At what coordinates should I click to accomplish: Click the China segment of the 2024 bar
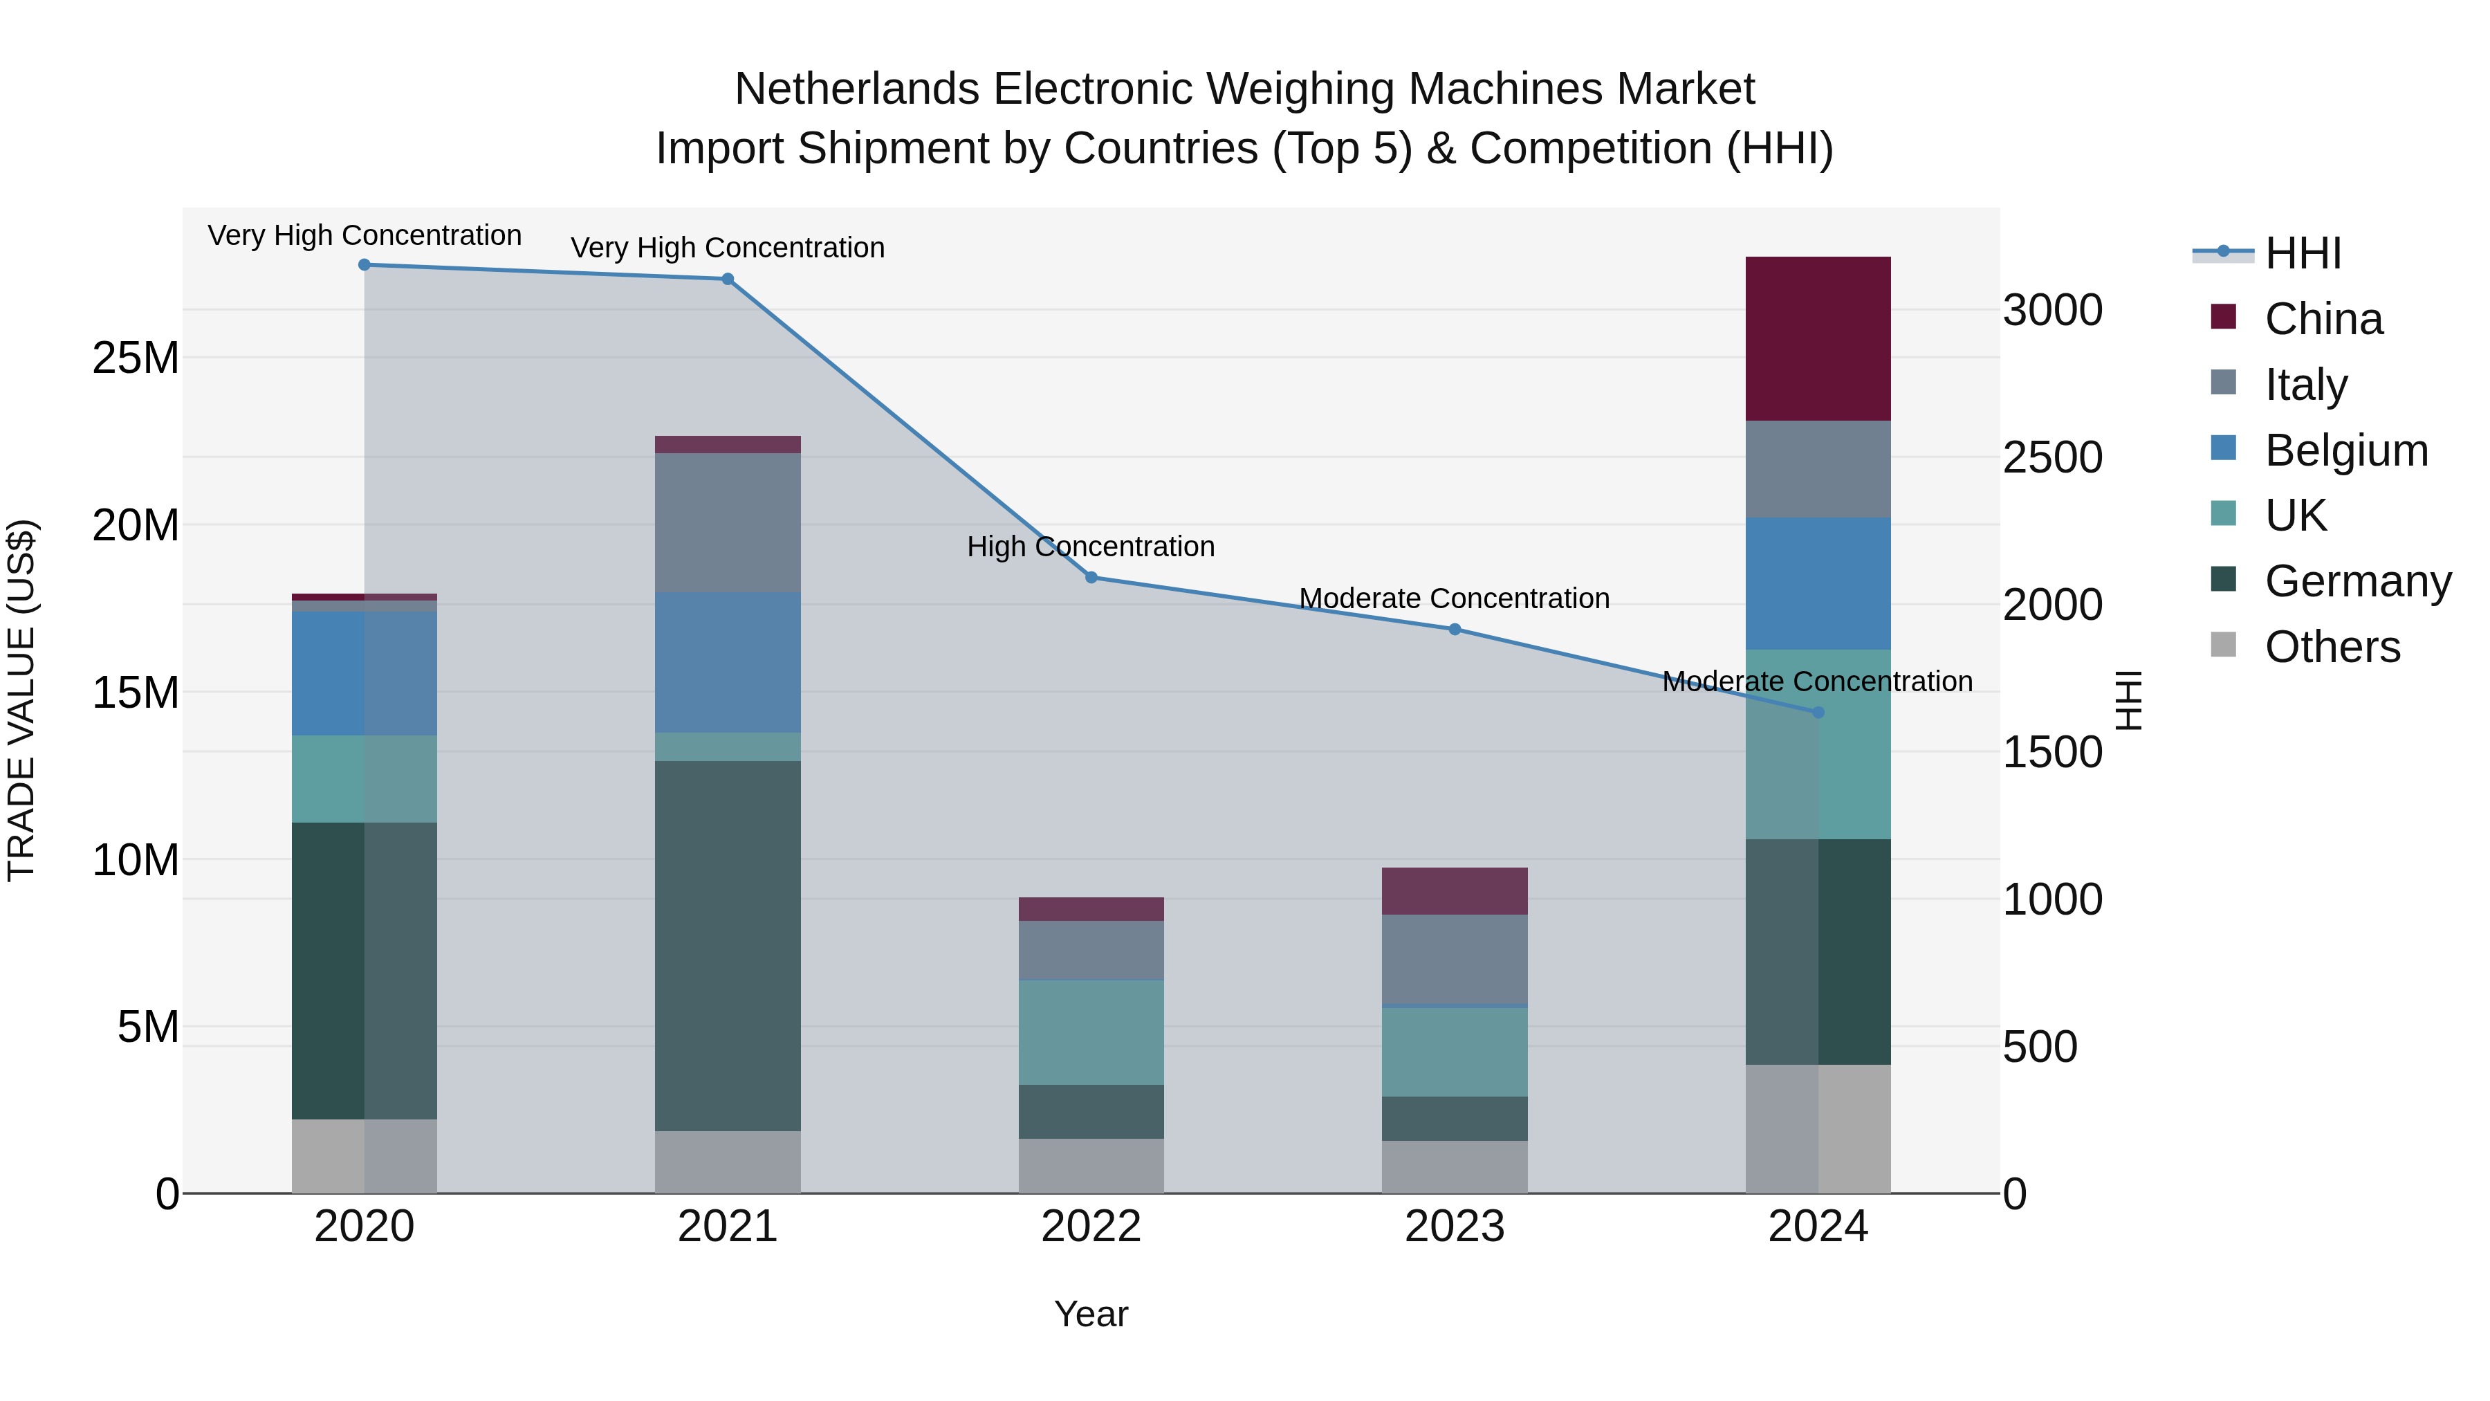(1817, 338)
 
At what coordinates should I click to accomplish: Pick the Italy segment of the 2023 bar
(1454, 958)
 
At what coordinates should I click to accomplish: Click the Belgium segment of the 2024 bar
(1817, 583)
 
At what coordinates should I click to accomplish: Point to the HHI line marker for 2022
(1091, 577)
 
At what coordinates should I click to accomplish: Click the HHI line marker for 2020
(365, 265)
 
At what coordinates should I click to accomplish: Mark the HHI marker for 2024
(1817, 713)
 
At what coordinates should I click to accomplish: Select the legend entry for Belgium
(2346, 450)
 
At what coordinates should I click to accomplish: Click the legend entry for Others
(2332, 647)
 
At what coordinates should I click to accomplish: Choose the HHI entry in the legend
(2303, 253)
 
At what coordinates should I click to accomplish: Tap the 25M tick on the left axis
(136, 358)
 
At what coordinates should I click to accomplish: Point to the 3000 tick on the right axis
(2052, 311)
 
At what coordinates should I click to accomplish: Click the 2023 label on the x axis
(1454, 1227)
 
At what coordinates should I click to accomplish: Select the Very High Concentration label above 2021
(728, 248)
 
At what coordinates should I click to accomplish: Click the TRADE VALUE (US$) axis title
(21, 700)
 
